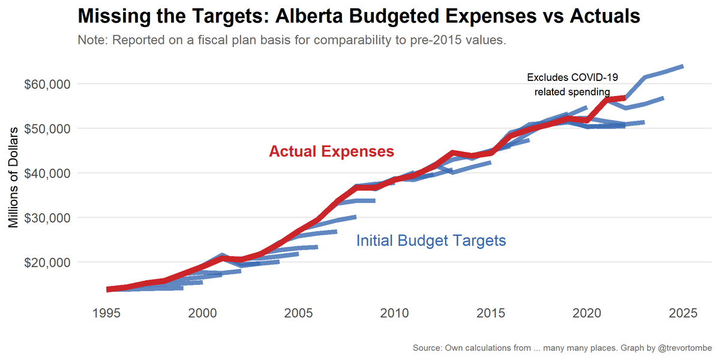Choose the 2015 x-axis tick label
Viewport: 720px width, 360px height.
[x=491, y=313]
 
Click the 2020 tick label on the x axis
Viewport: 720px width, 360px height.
[x=587, y=313]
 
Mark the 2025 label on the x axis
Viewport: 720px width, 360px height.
[x=683, y=313]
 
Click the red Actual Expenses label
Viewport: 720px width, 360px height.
[x=331, y=152]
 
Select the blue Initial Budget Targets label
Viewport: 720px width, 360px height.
[x=431, y=241]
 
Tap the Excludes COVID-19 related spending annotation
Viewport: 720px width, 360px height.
[x=572, y=85]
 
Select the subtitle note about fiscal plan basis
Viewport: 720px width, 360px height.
[x=293, y=41]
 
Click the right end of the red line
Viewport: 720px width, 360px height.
[x=625, y=97]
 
